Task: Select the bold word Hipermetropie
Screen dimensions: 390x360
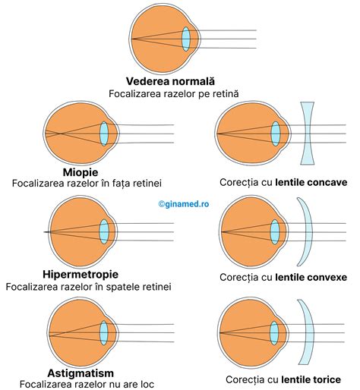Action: coord(81,273)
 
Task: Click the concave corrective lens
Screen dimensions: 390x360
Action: coord(307,133)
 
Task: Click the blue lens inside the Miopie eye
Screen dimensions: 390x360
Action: coord(104,133)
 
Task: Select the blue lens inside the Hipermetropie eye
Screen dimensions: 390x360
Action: coord(104,231)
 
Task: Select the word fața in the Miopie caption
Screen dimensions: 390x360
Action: coord(119,184)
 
